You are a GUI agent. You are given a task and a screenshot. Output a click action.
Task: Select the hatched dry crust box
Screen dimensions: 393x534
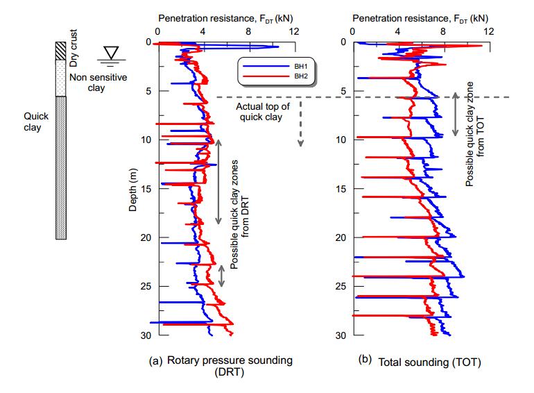[x=60, y=50]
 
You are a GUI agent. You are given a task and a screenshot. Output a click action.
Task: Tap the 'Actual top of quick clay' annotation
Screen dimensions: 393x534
[x=258, y=111]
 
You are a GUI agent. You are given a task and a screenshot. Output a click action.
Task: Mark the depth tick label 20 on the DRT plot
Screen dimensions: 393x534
[x=145, y=237]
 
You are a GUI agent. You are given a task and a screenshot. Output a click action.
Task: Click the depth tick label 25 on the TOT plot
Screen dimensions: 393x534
[x=341, y=286]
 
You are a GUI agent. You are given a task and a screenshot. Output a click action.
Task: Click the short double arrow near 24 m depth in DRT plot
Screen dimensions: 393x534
[x=222, y=276]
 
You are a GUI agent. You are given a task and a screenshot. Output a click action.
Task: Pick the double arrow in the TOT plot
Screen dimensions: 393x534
[x=455, y=112]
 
